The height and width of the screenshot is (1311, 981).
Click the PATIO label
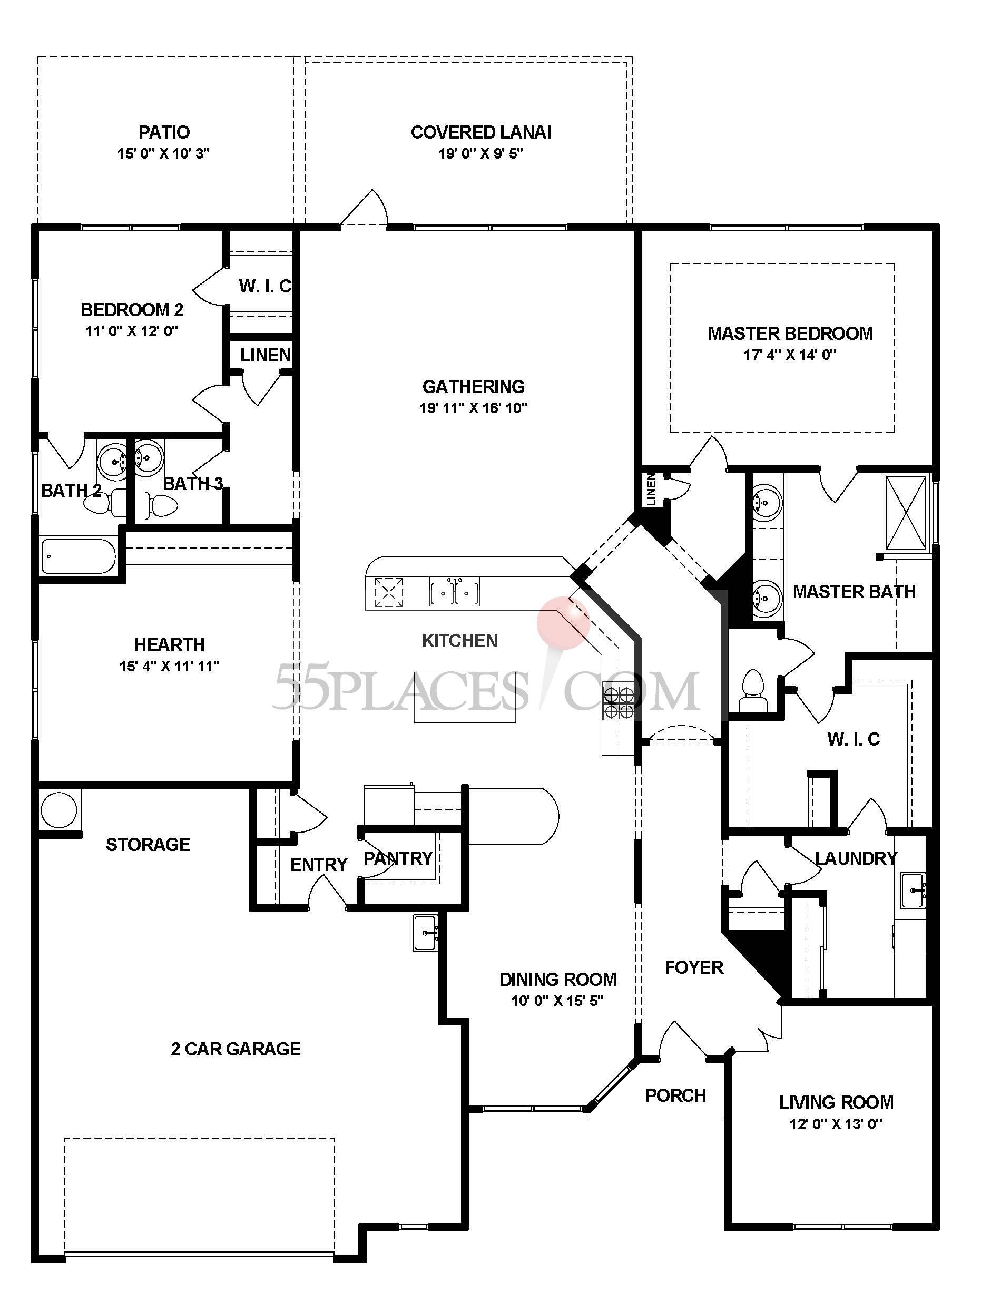[x=164, y=132]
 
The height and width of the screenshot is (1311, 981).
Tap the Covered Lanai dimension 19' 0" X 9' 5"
[x=480, y=153]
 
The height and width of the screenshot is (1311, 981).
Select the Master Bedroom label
[x=790, y=333]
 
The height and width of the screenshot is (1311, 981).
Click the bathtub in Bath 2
[x=80, y=556]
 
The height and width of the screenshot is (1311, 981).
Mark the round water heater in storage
[x=58, y=809]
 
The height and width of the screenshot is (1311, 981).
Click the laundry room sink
[x=914, y=890]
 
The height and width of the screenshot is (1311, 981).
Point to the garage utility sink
[x=426, y=932]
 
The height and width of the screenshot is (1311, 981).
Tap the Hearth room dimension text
[x=169, y=666]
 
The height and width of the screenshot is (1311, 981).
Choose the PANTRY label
[x=398, y=858]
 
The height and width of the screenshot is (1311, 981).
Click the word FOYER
[x=693, y=967]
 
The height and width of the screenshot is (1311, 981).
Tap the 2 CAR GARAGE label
[x=236, y=1049]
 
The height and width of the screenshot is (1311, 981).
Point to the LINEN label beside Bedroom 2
[x=265, y=355]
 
